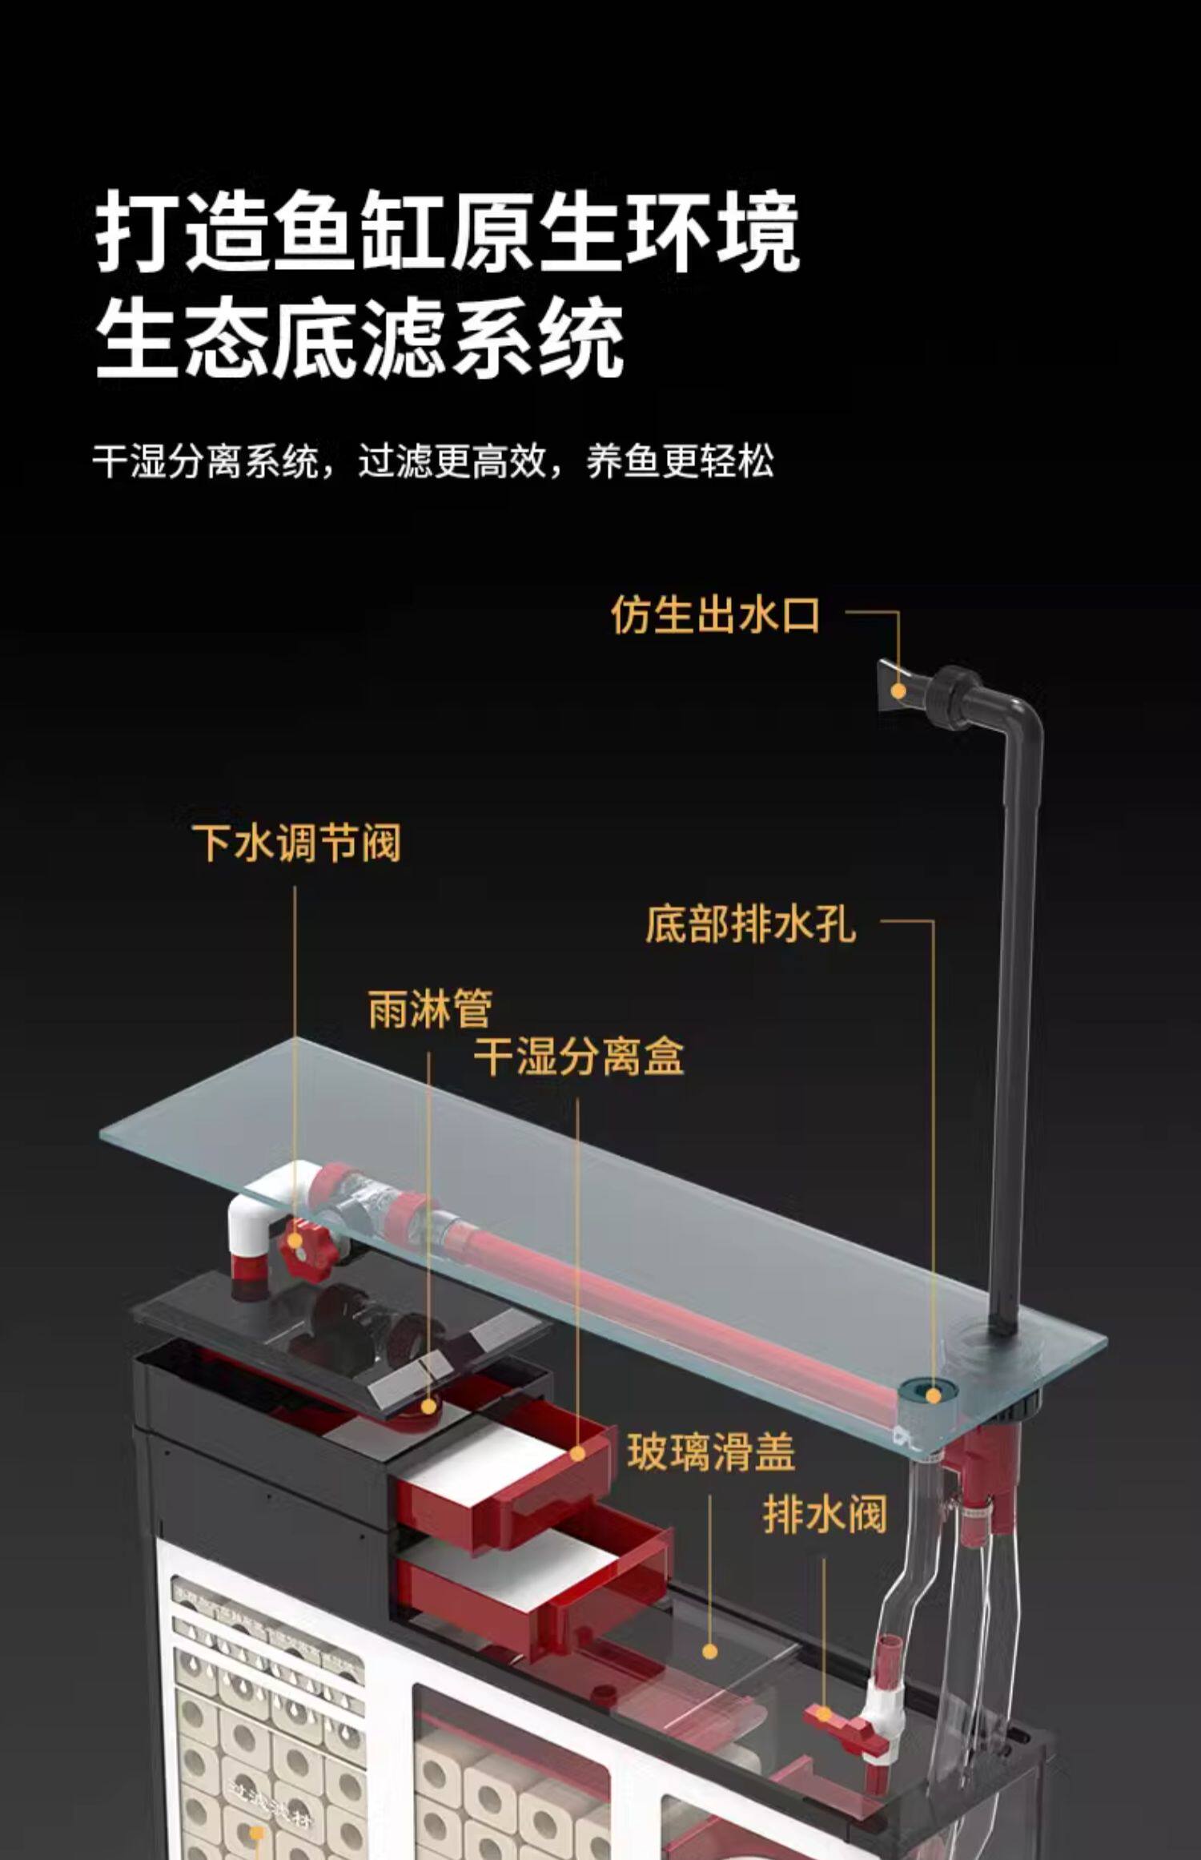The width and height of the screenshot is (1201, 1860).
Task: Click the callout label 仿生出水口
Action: [715, 615]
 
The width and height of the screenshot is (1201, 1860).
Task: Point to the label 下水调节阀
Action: [295, 843]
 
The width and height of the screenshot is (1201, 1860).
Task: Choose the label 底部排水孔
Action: [750, 924]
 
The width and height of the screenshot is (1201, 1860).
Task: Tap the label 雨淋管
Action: [430, 1009]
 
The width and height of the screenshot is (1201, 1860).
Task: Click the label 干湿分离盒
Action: [579, 1057]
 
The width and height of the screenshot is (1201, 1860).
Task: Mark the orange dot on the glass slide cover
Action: [709, 1651]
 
